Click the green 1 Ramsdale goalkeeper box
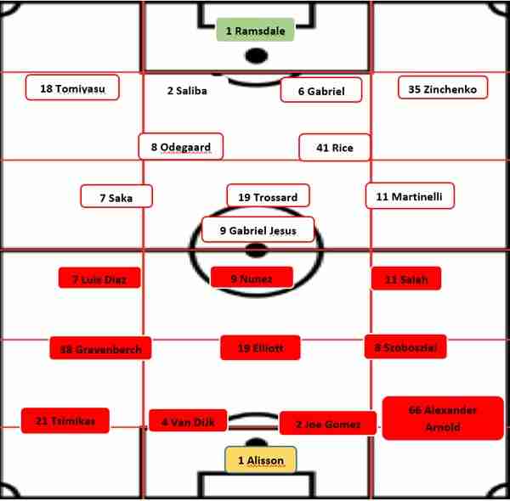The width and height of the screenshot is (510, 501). (255, 31)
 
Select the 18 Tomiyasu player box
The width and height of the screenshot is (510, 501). (72, 87)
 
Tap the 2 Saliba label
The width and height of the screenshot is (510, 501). (187, 91)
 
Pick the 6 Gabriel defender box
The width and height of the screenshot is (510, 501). (321, 90)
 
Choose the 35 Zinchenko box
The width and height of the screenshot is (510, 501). (443, 87)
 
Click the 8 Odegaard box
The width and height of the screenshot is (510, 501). (181, 146)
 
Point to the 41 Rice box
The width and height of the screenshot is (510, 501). (335, 147)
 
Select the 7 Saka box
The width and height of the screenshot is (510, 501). (117, 196)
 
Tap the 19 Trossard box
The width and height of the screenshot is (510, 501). (268, 196)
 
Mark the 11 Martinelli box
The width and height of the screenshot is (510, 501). (410, 195)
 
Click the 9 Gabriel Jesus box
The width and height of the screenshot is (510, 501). (258, 229)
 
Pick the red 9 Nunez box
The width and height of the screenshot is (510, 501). (252, 277)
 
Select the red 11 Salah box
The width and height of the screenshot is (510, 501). (405, 279)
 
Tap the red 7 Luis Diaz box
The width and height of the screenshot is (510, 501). (99, 279)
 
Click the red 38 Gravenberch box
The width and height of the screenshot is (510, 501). (100, 347)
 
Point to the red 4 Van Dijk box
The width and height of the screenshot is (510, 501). (188, 420)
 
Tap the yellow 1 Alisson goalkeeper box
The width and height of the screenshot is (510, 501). (261, 459)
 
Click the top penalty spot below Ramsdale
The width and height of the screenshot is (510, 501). (256, 57)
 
